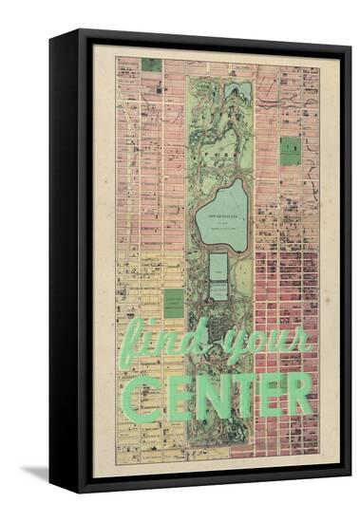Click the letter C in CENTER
coord(140,395)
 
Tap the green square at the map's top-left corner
coord(151,65)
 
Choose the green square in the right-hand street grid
coord(290,150)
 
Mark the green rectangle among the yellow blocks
coord(173,303)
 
